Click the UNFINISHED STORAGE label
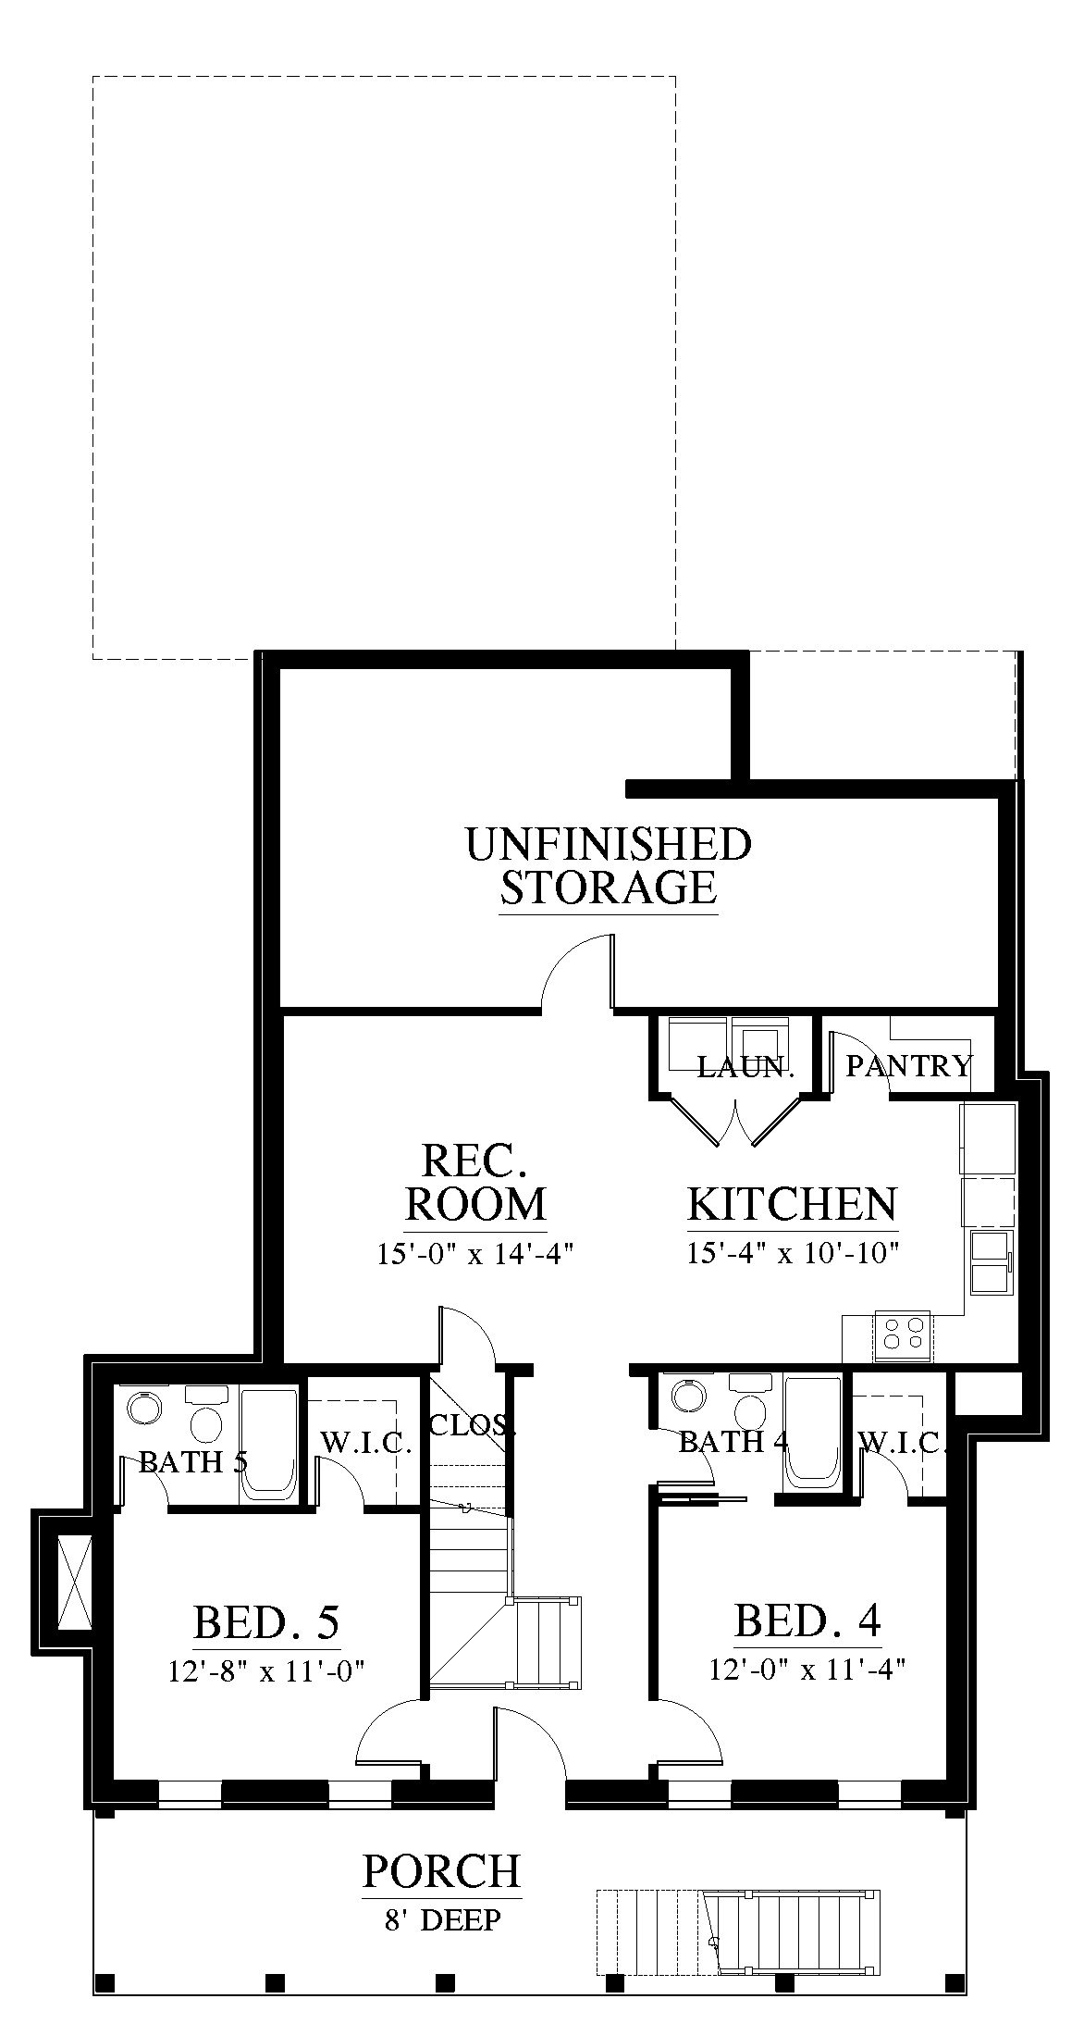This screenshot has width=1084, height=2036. (x=609, y=866)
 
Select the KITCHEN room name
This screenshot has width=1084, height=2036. (x=793, y=1204)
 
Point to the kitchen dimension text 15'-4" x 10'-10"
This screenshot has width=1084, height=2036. (x=794, y=1253)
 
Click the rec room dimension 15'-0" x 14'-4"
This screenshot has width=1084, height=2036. (x=476, y=1254)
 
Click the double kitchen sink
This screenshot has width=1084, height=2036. (x=990, y=1261)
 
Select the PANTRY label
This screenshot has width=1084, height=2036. (x=909, y=1066)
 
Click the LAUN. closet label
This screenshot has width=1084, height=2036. (x=745, y=1066)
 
